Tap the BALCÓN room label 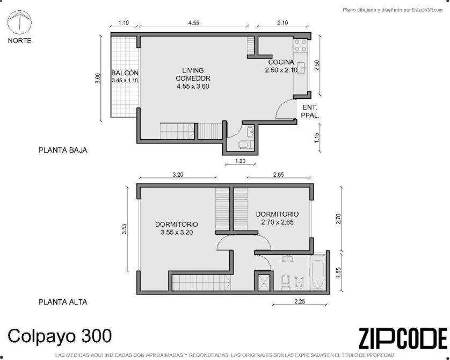click(x=125, y=76)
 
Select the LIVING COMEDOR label click(x=193, y=78)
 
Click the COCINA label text click(x=281, y=62)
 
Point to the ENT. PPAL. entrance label click(x=310, y=111)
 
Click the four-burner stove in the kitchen click(x=300, y=45)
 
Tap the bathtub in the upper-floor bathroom click(x=317, y=271)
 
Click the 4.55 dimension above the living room click(x=194, y=23)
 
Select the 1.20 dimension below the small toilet click(x=240, y=161)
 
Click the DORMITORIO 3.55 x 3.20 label click(x=177, y=228)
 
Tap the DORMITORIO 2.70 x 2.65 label click(x=277, y=218)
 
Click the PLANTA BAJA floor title click(x=63, y=150)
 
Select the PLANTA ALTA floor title click(x=63, y=302)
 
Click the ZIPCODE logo click(x=403, y=339)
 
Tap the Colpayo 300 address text click(x=60, y=336)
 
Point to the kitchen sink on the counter click(x=301, y=68)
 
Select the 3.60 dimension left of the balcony click(x=98, y=78)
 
